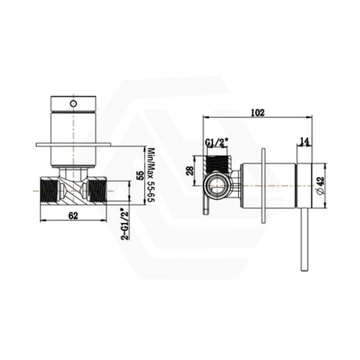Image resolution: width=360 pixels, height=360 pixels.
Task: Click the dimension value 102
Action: [257, 112]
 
